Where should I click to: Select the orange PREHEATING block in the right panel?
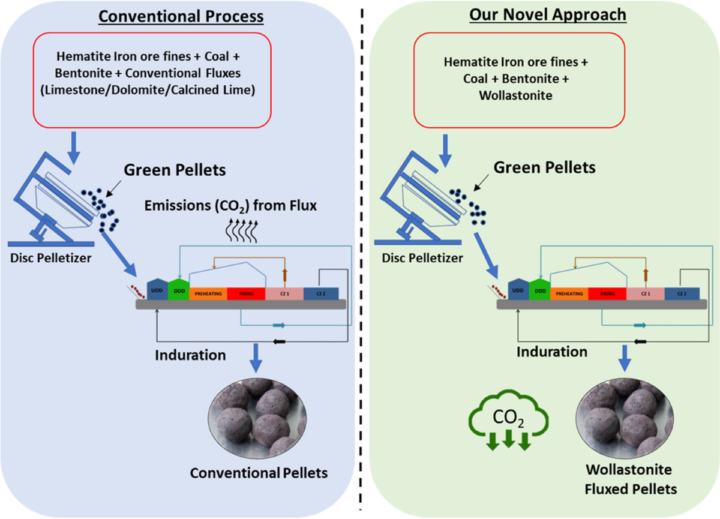[569, 293]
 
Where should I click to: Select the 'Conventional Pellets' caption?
[259, 473]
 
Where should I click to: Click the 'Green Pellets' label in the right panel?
[544, 167]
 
